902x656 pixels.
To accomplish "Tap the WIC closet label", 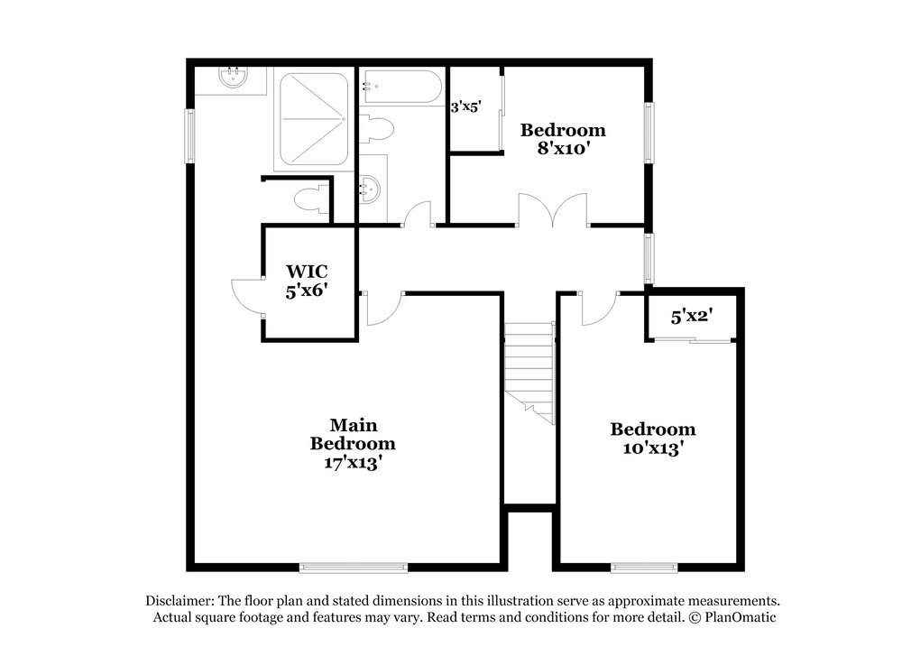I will (307, 271).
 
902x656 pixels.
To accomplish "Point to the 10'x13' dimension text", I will (652, 448).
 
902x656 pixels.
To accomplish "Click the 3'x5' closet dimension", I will (465, 106).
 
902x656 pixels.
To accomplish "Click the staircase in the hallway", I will (529, 370).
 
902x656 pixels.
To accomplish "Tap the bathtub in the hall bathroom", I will (402, 88).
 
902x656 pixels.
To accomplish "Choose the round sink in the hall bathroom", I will (371, 189).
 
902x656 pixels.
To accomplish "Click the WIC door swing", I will (245, 296).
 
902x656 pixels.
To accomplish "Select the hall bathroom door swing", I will (418, 214).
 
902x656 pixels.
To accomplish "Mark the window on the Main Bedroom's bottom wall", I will (353, 567).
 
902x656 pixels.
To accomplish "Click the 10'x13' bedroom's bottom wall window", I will (644, 567).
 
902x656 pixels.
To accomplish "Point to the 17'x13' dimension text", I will (353, 463).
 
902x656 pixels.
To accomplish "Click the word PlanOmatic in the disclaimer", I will (738, 617).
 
